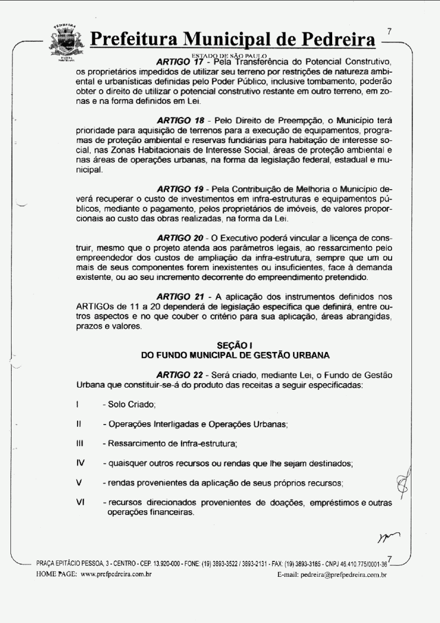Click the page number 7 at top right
389,31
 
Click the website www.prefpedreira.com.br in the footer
116,574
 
